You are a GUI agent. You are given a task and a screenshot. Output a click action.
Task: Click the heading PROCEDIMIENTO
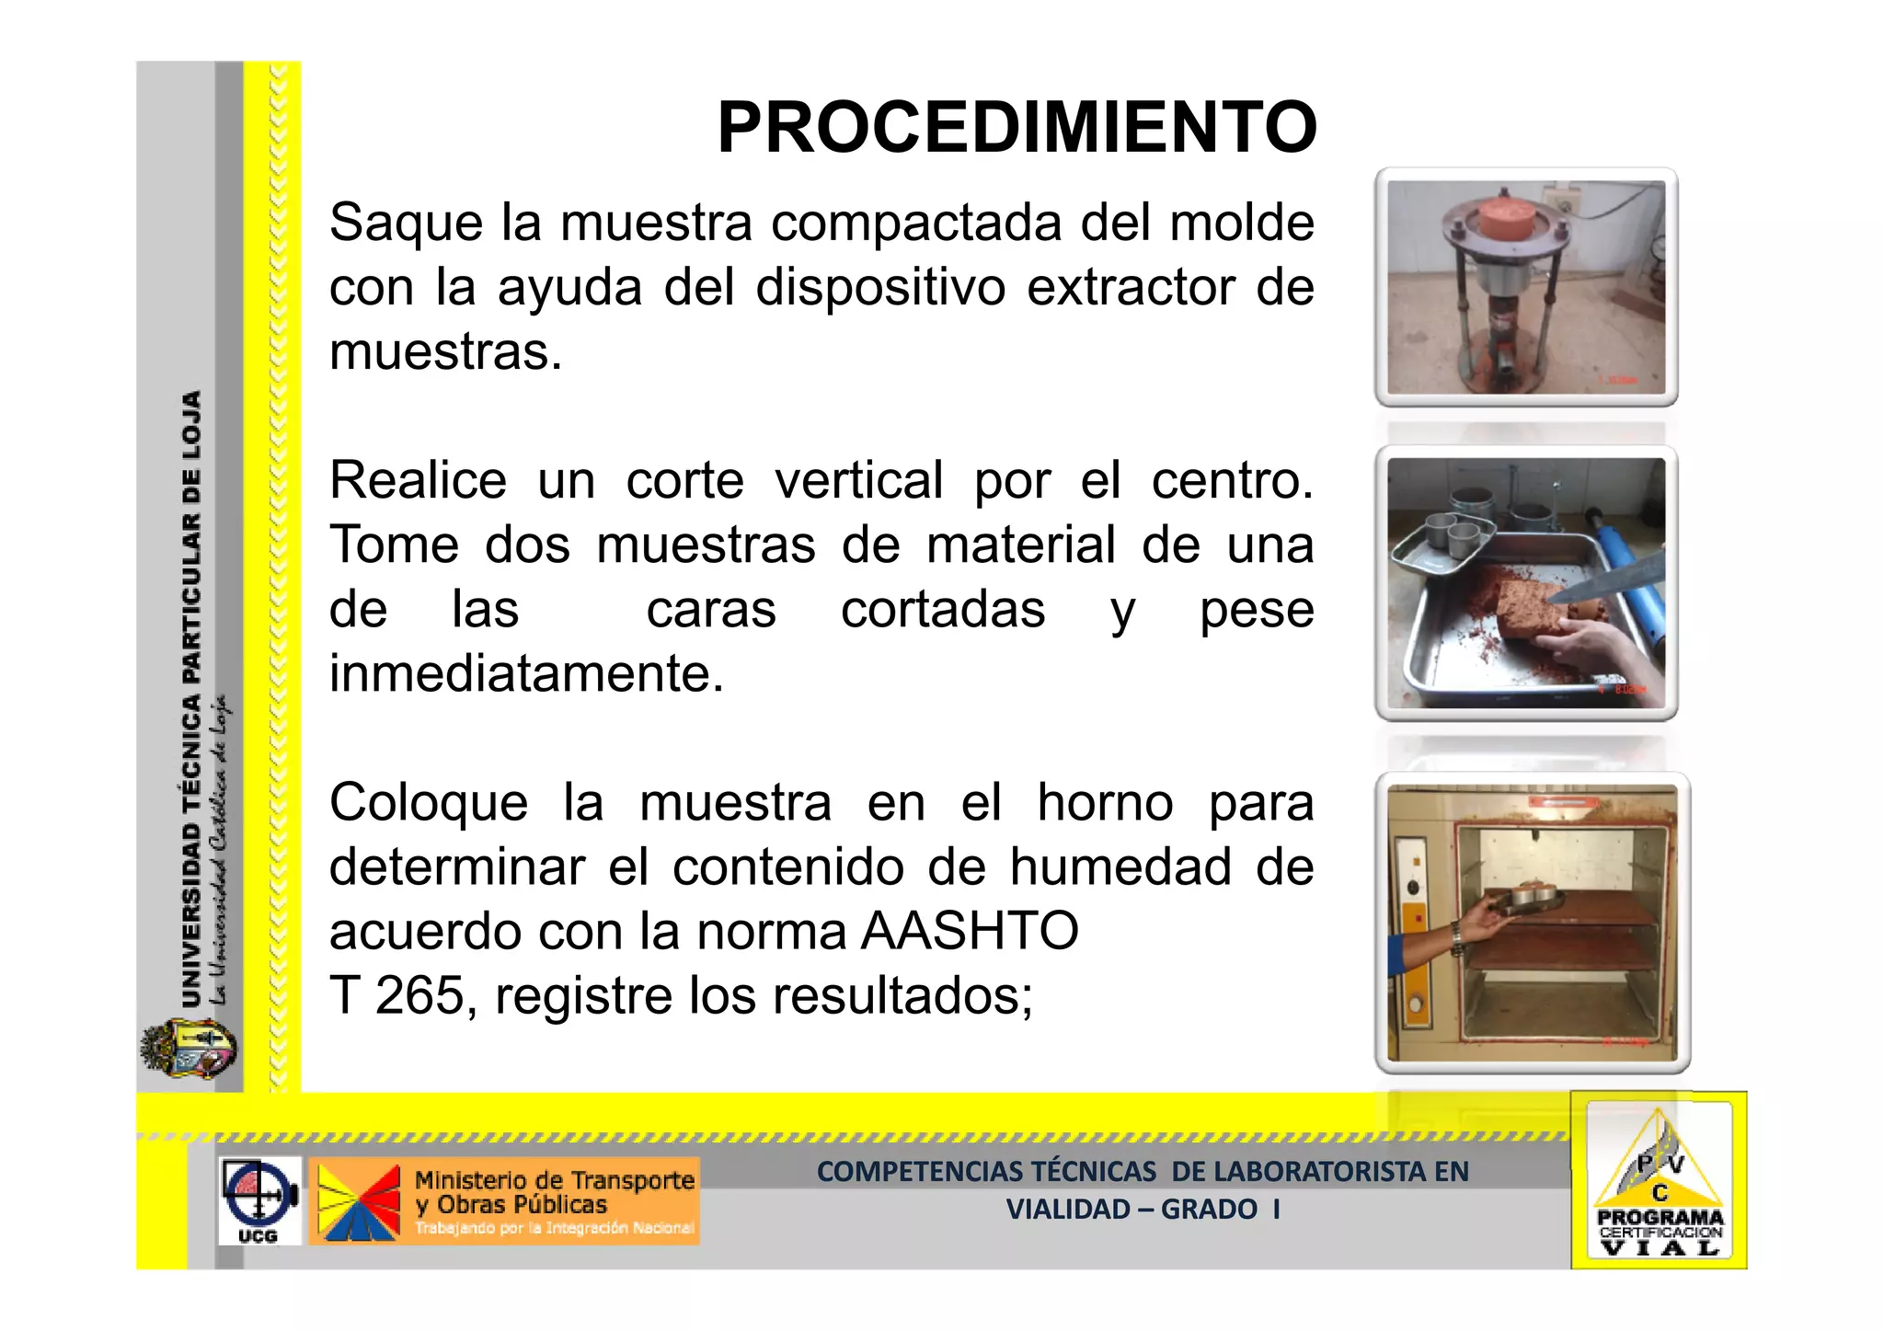click(x=1017, y=128)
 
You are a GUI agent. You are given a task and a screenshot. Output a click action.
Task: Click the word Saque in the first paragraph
click(x=406, y=223)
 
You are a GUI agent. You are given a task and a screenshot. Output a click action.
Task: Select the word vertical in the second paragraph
click(x=858, y=480)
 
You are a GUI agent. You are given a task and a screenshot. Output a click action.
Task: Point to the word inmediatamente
click(x=526, y=673)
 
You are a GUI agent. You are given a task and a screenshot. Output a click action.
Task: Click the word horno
click(x=1105, y=802)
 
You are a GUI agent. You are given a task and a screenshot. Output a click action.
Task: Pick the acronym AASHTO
click(x=970, y=931)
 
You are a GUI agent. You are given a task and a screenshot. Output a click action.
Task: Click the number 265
click(x=419, y=995)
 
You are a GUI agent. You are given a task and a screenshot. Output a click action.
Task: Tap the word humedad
click(x=1120, y=866)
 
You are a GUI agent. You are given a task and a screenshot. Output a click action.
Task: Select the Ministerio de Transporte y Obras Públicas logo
click(x=504, y=1200)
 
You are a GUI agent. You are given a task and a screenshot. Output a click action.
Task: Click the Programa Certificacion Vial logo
click(x=1659, y=1181)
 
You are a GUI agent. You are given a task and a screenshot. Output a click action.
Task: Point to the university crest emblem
click(x=189, y=1050)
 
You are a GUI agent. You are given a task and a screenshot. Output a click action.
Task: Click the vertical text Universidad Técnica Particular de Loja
click(x=191, y=699)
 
